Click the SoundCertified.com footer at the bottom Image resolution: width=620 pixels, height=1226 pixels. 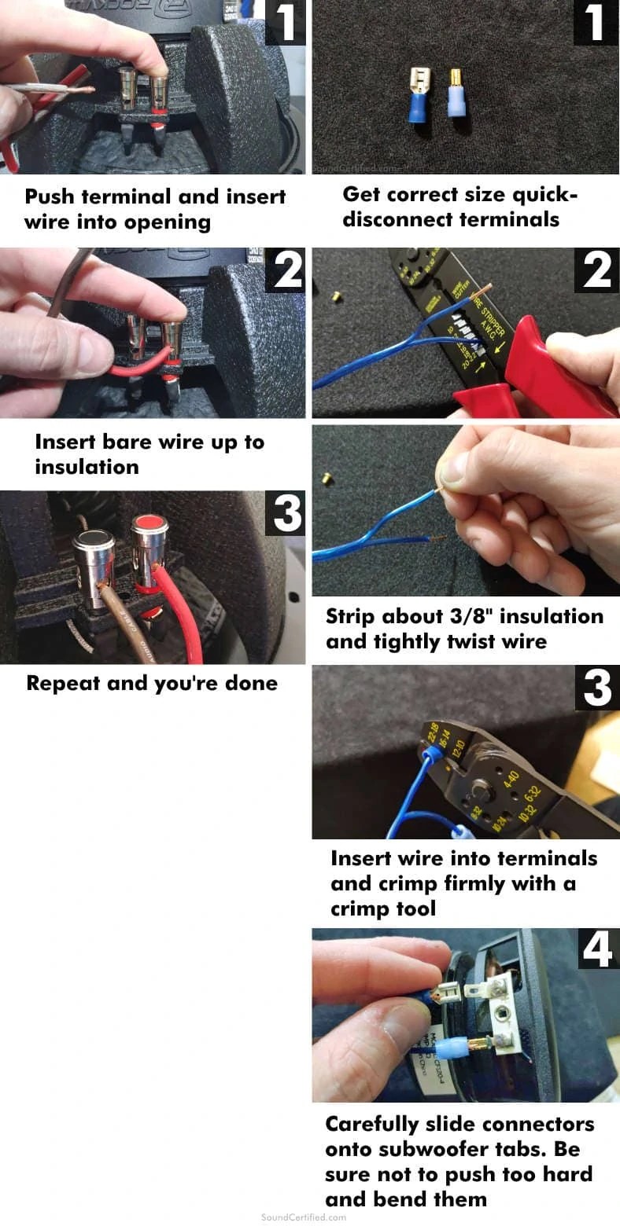point(303,1217)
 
